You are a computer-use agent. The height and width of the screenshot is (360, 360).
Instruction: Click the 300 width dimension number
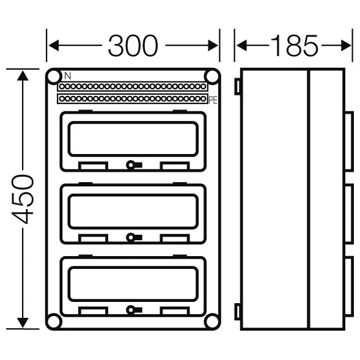tap(133, 45)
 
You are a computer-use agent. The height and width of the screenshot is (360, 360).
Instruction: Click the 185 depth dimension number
tap(295, 45)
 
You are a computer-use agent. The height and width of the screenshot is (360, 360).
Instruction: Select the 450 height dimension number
tap(23, 199)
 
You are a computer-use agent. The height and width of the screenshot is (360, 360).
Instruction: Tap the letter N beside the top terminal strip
tap(68, 76)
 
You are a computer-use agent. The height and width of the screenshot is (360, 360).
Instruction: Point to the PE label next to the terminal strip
tap(213, 100)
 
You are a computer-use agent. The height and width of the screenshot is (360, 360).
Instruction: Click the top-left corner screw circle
tap(54, 76)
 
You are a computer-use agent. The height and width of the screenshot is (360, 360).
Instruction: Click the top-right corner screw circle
tap(211, 76)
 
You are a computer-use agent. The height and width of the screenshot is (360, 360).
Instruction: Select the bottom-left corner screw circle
tap(54, 321)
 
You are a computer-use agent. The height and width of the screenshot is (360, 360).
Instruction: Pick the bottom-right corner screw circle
tap(211, 321)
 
